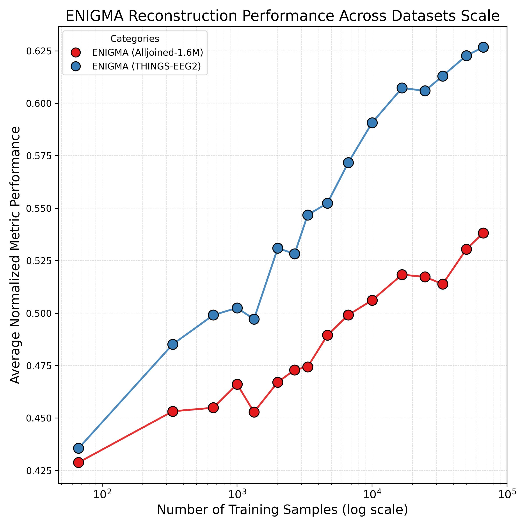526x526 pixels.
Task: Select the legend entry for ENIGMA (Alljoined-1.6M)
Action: [x=147, y=53]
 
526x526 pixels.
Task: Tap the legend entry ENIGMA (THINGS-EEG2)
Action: [x=146, y=67]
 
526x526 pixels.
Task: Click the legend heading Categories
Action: [x=135, y=39]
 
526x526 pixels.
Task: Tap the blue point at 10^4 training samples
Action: [x=372, y=123]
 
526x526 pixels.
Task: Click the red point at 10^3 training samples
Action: [x=237, y=384]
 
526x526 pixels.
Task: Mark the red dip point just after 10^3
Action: [x=254, y=412]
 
